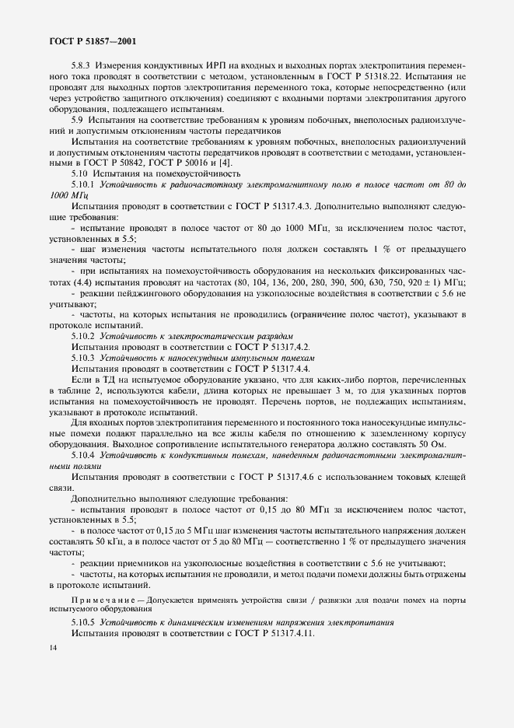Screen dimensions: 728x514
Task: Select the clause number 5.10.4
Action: click(x=83, y=452)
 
